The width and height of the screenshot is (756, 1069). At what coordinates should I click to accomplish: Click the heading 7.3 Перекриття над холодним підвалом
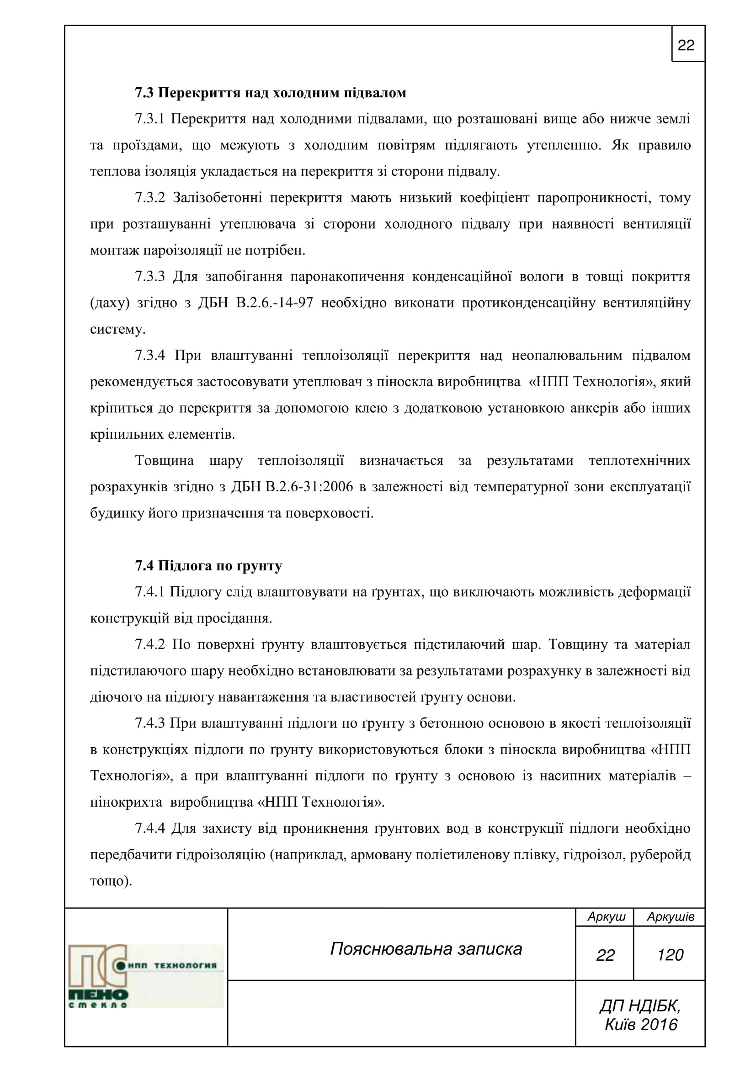click(x=271, y=93)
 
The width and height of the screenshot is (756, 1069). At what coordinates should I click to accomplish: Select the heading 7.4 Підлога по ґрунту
click(x=208, y=566)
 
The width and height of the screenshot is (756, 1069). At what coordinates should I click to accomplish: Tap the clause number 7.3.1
click(x=150, y=119)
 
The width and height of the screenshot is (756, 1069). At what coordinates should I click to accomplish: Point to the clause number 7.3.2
click(x=150, y=198)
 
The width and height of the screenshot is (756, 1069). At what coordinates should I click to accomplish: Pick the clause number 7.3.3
click(x=150, y=277)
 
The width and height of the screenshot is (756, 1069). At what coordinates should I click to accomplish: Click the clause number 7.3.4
click(x=150, y=356)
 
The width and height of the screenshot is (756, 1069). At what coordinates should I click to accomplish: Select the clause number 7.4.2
click(x=150, y=644)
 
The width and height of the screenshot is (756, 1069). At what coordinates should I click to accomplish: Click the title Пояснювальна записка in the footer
click(x=426, y=949)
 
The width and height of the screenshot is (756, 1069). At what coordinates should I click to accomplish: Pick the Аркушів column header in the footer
click(x=671, y=917)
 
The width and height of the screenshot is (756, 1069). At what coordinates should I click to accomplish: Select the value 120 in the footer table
click(x=670, y=955)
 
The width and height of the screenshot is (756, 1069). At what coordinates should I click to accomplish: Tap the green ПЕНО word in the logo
click(x=98, y=995)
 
